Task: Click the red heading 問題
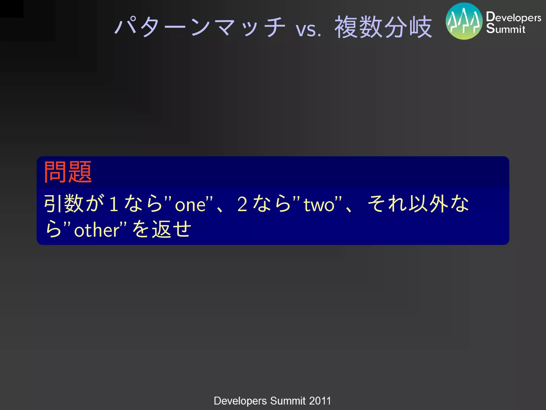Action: point(68,172)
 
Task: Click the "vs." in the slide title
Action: point(308,29)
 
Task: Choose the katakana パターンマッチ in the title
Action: point(200,27)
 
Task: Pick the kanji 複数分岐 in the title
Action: point(383,27)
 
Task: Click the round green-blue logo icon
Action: point(464,21)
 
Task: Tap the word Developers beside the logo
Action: point(513,17)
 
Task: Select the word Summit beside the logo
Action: point(505,29)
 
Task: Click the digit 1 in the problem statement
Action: point(114,204)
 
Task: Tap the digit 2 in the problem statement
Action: point(242,204)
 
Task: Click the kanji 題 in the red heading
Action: point(80,172)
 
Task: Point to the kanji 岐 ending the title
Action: point(421,27)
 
